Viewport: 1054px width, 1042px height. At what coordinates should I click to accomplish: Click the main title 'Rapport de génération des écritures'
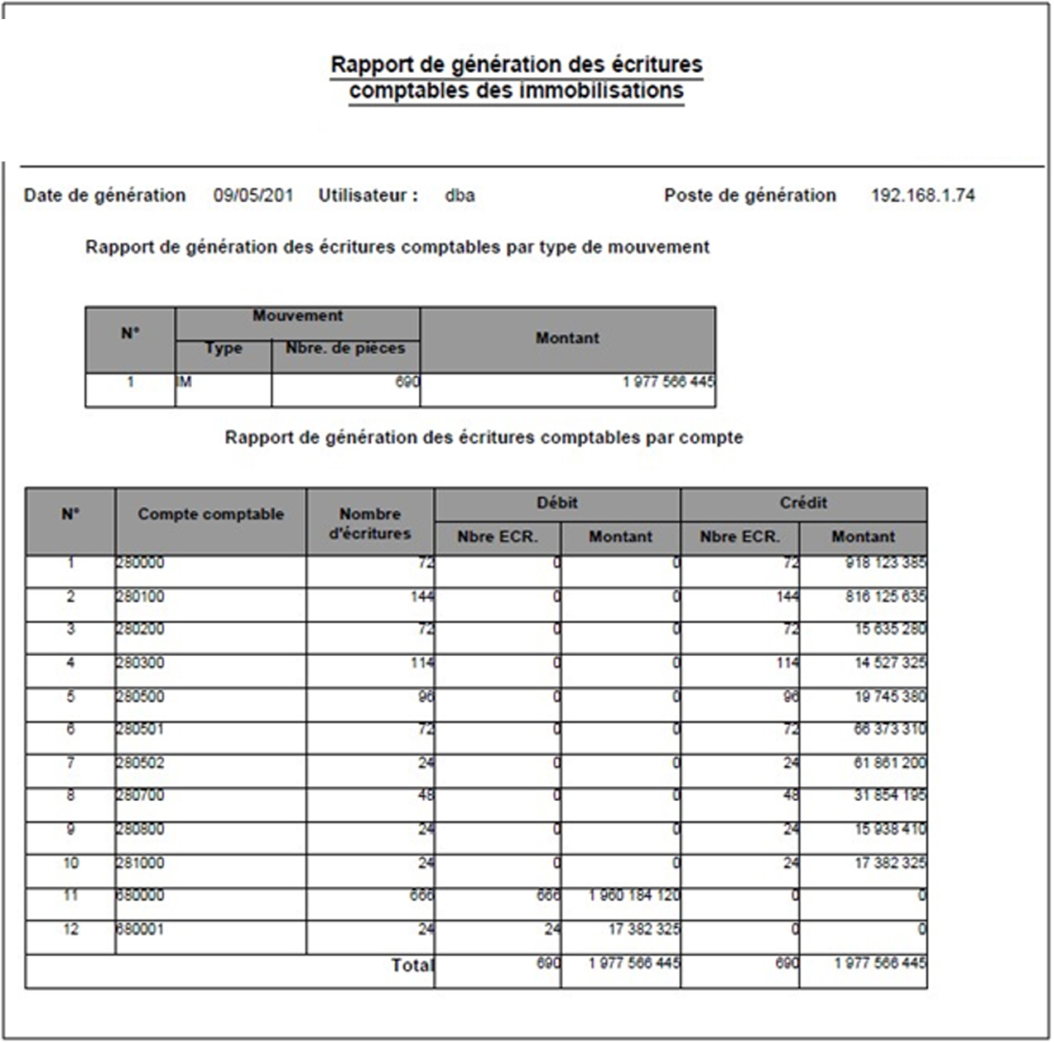point(516,65)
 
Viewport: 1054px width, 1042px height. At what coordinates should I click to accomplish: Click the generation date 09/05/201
point(253,195)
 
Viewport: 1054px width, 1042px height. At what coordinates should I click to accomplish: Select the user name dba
point(460,195)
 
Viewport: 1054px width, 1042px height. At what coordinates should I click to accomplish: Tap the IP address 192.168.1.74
point(922,195)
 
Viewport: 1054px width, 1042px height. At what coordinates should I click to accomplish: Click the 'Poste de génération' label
point(749,195)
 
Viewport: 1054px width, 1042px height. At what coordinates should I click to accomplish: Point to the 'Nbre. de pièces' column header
point(345,349)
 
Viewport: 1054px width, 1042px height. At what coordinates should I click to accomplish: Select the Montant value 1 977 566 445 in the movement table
point(668,382)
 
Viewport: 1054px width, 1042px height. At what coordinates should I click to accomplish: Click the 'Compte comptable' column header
point(210,514)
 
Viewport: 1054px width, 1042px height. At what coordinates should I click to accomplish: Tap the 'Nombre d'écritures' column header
point(369,523)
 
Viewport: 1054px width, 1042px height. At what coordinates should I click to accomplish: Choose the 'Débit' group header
point(556,503)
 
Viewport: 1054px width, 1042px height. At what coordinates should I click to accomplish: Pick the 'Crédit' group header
point(803,503)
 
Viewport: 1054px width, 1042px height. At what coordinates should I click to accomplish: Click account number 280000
point(140,563)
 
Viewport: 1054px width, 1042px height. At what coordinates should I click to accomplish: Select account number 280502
point(140,763)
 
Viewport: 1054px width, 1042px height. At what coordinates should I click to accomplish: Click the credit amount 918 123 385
point(885,563)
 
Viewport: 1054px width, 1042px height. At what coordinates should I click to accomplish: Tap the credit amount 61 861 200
point(889,763)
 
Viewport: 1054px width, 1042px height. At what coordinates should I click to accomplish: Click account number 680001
point(140,929)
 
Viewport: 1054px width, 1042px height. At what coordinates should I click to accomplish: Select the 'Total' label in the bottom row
point(411,965)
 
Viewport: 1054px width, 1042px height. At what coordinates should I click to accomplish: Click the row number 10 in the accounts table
point(70,863)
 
